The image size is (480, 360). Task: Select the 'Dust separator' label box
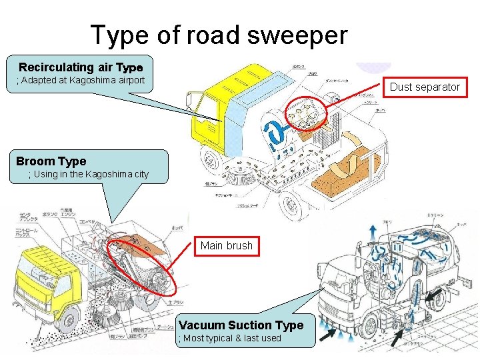tap(425, 87)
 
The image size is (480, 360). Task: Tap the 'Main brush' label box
tap(227, 245)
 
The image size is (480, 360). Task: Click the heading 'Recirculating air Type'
tap(81, 67)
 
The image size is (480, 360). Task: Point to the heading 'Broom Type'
tap(51, 161)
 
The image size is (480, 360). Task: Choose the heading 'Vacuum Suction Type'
tap(241, 325)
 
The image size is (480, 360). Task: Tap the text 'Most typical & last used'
tap(231, 338)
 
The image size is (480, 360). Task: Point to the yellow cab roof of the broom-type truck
tap(40, 253)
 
